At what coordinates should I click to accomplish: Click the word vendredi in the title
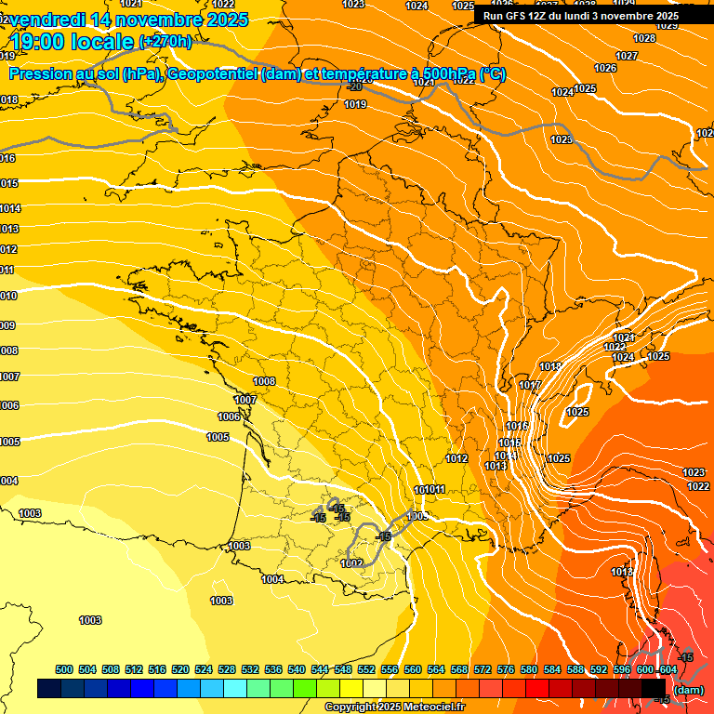tap(54, 20)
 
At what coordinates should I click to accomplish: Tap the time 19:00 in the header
tap(42, 41)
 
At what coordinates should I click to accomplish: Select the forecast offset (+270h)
tap(165, 41)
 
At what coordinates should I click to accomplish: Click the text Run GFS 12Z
tap(516, 16)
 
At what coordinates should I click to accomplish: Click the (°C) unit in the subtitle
tap(492, 74)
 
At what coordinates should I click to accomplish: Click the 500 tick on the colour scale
tap(64, 669)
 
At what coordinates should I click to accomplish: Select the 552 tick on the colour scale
tap(366, 669)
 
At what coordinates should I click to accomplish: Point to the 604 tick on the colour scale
tap(668, 669)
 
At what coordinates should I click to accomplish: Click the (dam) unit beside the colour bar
tap(688, 689)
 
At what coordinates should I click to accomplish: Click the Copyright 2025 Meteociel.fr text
tap(394, 707)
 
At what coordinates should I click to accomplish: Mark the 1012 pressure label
tap(456, 458)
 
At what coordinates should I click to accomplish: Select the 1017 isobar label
tap(530, 386)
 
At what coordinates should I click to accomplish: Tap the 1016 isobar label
tap(517, 426)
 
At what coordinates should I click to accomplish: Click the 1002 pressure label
tap(351, 563)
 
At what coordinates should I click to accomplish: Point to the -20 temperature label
tap(354, 86)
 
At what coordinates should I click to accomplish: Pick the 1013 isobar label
tap(496, 466)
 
